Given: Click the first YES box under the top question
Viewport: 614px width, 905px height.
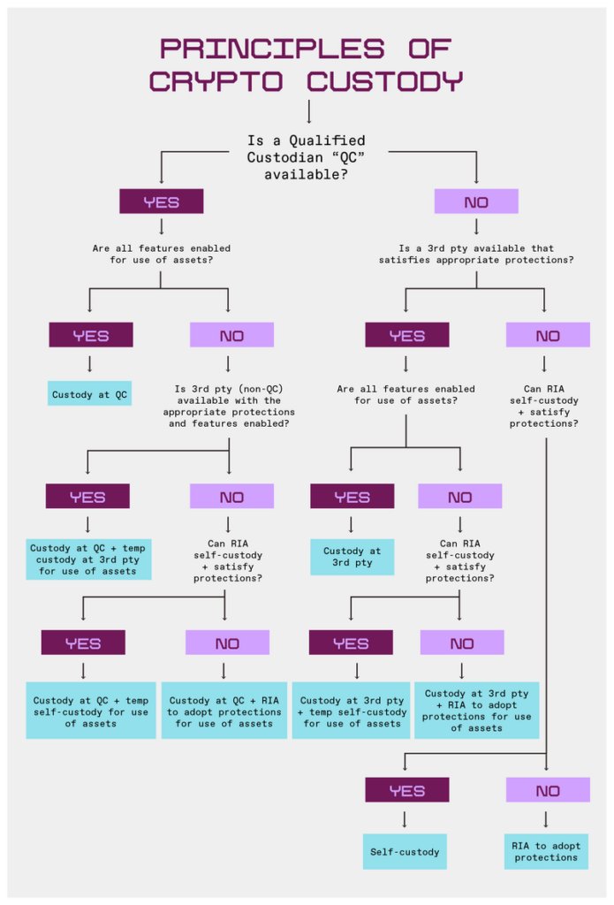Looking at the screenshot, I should [x=162, y=202].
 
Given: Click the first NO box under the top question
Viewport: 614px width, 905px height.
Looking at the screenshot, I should [x=476, y=202].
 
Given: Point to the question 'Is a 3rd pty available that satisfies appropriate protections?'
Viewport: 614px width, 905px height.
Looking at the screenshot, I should [x=475, y=255].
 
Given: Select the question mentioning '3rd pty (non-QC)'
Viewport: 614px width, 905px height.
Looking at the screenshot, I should [x=230, y=405].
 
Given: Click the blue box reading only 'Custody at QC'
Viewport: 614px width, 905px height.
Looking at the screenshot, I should [x=89, y=394].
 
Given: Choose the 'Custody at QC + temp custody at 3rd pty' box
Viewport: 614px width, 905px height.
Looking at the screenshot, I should [x=88, y=559].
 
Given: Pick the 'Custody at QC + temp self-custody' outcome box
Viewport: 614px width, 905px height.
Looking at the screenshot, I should [x=88, y=711].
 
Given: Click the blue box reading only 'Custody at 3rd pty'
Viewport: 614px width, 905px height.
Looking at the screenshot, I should [x=352, y=557].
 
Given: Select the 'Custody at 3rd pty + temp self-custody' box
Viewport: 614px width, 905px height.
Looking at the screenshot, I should [x=352, y=711].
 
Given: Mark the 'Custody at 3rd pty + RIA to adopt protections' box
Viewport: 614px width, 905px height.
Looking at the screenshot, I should [x=476, y=711].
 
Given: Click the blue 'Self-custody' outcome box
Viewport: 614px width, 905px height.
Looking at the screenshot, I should [x=405, y=852].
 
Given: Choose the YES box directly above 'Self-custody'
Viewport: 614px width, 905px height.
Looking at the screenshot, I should [x=406, y=790].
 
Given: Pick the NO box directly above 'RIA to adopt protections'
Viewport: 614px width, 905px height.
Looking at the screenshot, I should [x=547, y=790].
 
